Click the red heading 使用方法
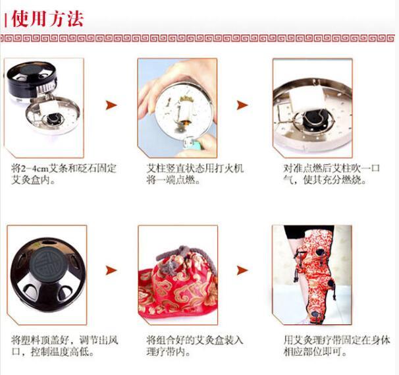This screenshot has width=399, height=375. pyautogui.click(x=47, y=18)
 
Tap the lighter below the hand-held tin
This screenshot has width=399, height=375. pyautogui.click(x=192, y=144)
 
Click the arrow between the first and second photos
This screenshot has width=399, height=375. pyautogui.click(x=111, y=105)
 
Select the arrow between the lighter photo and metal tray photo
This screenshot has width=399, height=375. pyautogui.click(x=242, y=105)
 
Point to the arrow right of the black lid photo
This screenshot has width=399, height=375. pyautogui.click(x=111, y=270)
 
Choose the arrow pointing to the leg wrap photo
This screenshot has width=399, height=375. pyautogui.click(x=242, y=270)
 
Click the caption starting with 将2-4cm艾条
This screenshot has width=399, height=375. pyautogui.click(x=64, y=174)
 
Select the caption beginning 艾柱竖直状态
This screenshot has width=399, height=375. pyautogui.click(x=195, y=174)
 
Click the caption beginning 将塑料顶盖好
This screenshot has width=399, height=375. pyautogui.click(x=65, y=346)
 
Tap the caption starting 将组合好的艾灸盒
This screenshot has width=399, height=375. pyautogui.click(x=195, y=346)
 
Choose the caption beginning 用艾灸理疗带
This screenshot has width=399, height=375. pyautogui.click(x=336, y=346)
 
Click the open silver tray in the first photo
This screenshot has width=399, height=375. pyautogui.click(x=53, y=115)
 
